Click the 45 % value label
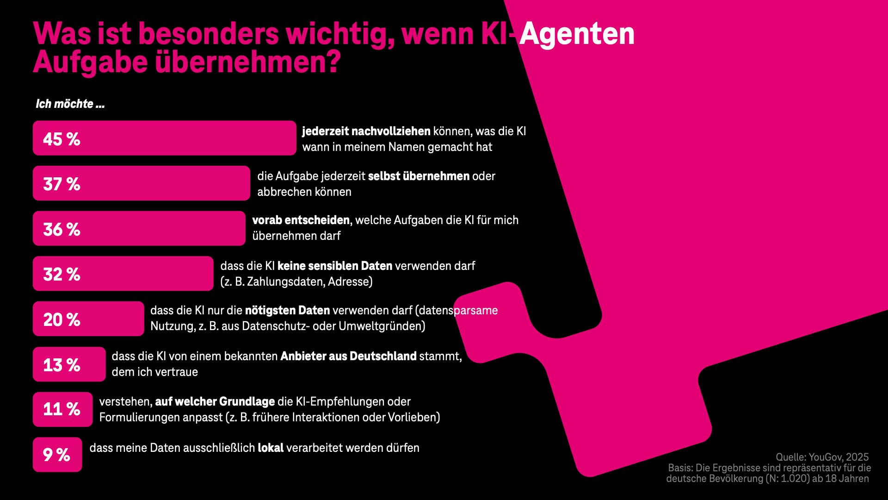click(x=62, y=139)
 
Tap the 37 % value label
click(x=62, y=184)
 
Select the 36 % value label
click(x=62, y=229)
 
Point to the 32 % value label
click(x=62, y=274)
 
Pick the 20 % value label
click(x=62, y=319)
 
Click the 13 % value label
click(x=62, y=365)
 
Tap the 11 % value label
click(x=62, y=409)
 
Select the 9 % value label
click(x=56, y=455)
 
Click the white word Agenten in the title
click(x=577, y=34)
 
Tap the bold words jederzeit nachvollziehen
click(x=366, y=131)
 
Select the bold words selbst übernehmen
click(x=419, y=176)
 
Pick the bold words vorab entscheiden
click(x=301, y=220)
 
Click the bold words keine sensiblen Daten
click(x=334, y=266)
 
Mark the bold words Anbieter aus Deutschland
click(x=348, y=356)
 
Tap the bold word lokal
click(x=271, y=448)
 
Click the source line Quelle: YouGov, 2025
click(x=822, y=457)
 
